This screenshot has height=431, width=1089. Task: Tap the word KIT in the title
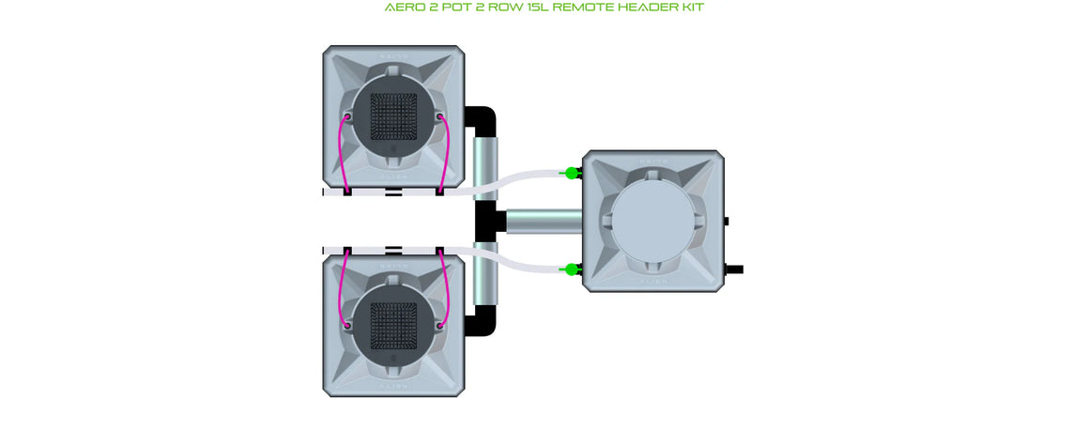click(689, 8)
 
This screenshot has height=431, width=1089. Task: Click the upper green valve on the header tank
click(570, 173)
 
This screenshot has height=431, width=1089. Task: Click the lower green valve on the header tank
click(570, 270)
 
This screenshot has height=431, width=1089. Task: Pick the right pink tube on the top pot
click(446, 155)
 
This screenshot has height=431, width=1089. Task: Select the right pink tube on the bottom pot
click(446, 286)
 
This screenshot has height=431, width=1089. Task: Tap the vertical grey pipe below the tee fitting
click(485, 277)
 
